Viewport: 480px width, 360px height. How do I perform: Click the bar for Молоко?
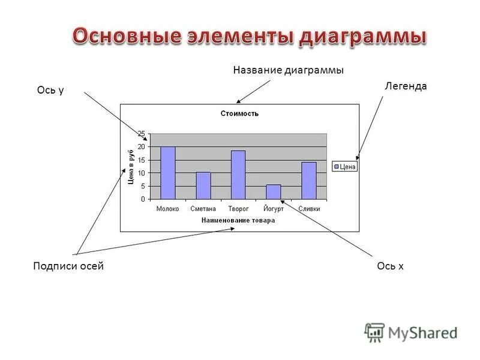click(167, 173)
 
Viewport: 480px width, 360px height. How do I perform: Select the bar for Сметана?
click(203, 186)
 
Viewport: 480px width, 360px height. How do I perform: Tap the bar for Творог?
click(238, 175)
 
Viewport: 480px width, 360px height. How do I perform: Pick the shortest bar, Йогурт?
click(274, 192)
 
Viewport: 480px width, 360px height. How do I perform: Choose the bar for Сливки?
click(309, 181)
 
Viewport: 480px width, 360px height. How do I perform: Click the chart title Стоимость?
click(239, 113)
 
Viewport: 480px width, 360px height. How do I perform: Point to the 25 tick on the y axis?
click(141, 133)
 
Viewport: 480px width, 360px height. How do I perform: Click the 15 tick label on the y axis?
click(141, 160)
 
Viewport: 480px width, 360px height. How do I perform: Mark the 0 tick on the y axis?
click(143, 199)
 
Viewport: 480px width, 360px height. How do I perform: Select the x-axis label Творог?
click(238, 209)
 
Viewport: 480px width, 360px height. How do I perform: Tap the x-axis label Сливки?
click(309, 209)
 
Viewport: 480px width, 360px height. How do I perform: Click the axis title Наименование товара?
click(238, 220)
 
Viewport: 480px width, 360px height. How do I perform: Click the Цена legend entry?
click(345, 167)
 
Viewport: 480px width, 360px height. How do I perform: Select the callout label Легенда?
click(406, 86)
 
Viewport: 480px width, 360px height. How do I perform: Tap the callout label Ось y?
click(50, 91)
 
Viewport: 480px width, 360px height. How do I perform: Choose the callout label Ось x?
click(390, 266)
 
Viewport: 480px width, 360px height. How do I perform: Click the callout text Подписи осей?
click(68, 266)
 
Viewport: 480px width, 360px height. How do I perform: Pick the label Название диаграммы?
click(288, 71)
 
